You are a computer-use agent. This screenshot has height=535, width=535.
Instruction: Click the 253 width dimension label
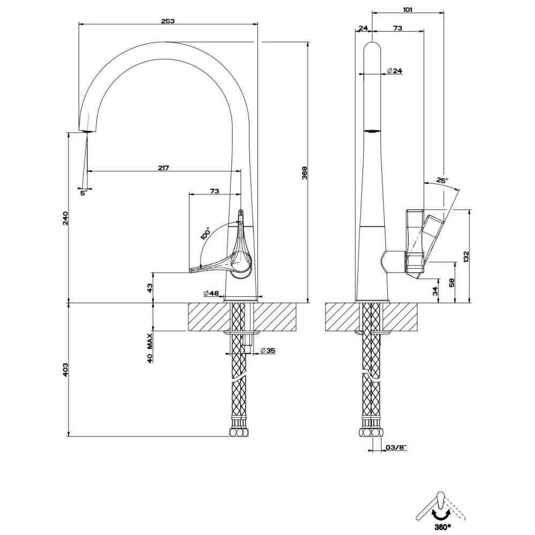tap(167, 21)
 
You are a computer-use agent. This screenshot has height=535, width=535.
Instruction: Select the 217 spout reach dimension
tap(164, 168)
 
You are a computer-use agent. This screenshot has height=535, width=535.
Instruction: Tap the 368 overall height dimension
tap(304, 173)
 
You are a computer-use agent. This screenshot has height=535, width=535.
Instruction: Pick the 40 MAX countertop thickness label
tap(150, 348)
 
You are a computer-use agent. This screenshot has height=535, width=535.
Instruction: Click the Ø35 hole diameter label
tap(267, 350)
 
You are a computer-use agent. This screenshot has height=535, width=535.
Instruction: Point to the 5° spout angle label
tap(83, 193)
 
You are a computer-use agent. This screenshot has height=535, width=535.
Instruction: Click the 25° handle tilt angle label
tap(442, 181)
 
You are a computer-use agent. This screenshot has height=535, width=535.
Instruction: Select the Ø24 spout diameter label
tap(394, 71)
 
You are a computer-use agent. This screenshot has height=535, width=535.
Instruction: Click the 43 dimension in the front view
tap(150, 287)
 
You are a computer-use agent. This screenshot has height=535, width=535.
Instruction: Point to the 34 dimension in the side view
tap(435, 291)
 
